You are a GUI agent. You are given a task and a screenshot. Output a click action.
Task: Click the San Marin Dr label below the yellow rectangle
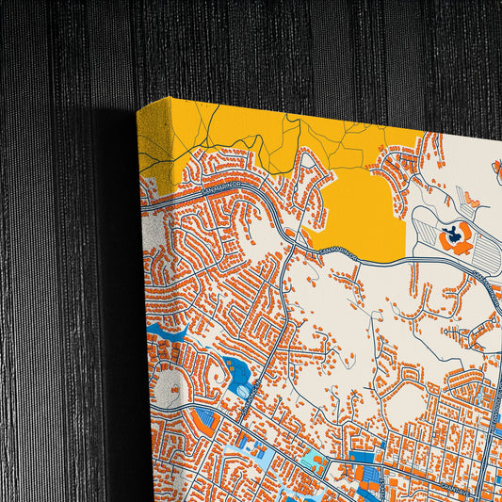tap(334, 251)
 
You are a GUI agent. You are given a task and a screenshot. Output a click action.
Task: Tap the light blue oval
tap(244, 391)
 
